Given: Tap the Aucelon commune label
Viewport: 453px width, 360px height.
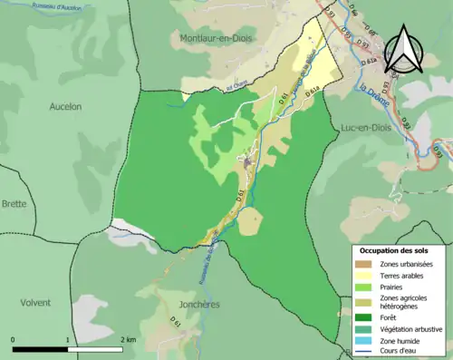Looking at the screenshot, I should point(64,106).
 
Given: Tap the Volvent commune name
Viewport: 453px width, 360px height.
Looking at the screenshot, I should point(34,302).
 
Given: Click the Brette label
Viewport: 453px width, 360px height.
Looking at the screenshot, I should point(14,205).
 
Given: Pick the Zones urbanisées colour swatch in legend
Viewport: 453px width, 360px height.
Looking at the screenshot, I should point(365,264).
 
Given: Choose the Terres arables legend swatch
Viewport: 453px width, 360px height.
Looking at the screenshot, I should point(365,276).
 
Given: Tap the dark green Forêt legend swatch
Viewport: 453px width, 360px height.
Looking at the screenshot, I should point(365,316).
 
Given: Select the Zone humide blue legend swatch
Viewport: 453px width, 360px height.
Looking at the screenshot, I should point(365,340).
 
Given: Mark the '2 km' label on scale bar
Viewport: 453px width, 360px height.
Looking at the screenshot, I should point(128,339).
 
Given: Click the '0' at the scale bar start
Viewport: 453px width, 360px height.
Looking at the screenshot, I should point(14,339).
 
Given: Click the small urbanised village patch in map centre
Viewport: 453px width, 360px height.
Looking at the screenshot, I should point(246,161).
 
